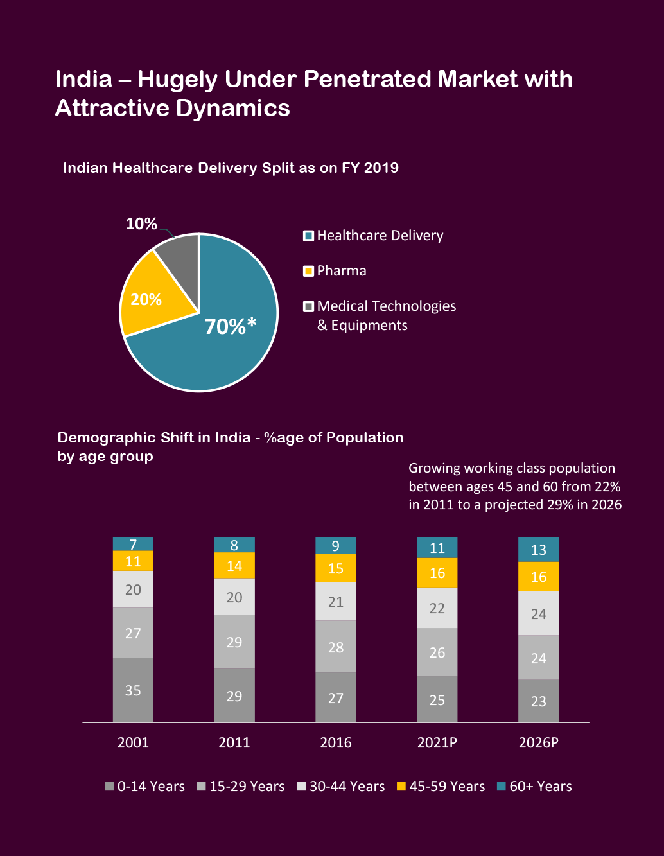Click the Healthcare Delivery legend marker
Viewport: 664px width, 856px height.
coord(309,236)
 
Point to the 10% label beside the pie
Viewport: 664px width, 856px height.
coord(141,224)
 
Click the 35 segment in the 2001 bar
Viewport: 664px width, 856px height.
coord(133,690)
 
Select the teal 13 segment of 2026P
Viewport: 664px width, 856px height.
coord(538,550)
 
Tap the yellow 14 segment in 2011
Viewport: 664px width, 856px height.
coord(234,566)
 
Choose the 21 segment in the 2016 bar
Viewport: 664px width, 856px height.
coord(336,602)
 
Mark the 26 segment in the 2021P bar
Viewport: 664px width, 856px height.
coord(437,652)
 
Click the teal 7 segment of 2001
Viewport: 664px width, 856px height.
coord(133,545)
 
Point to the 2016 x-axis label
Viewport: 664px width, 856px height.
coord(336,743)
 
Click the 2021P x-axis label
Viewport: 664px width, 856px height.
coord(437,743)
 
